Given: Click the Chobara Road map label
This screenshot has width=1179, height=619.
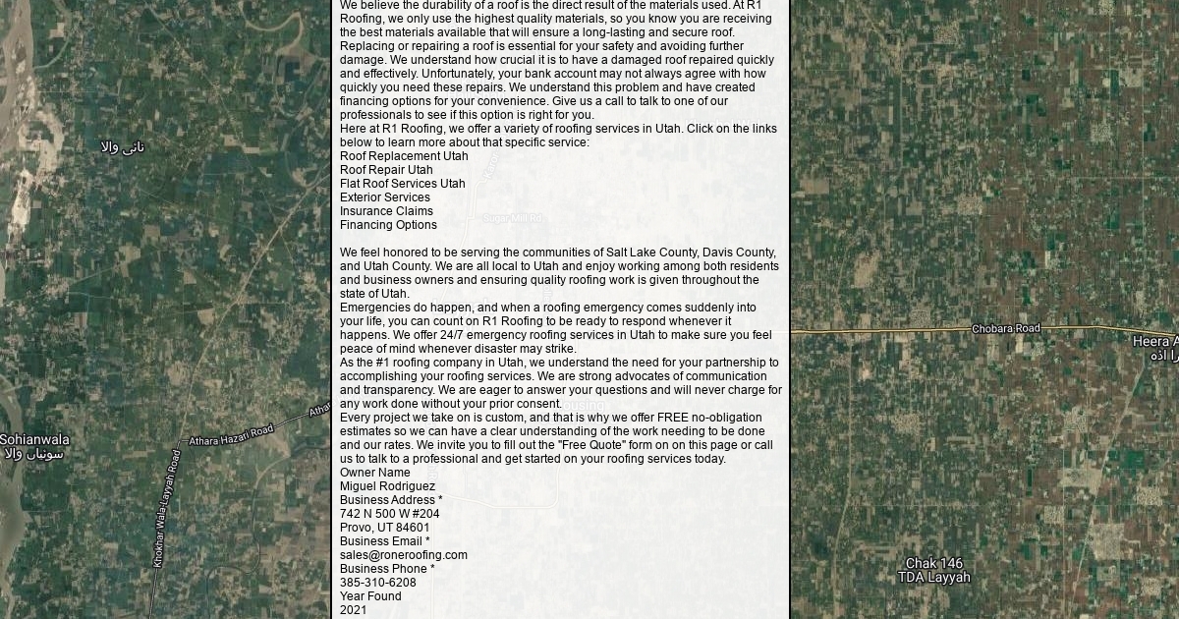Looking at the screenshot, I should pyautogui.click(x=1005, y=328).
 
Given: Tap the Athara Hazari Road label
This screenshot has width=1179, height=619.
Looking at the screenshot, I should pyautogui.click(x=231, y=434).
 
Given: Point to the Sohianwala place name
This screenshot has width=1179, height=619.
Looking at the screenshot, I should pyautogui.click(x=34, y=439).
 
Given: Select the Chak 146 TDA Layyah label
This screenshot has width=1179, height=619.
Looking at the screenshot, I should pyautogui.click(x=933, y=570).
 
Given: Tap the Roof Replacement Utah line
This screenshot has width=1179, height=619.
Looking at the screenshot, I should pyautogui.click(x=404, y=156).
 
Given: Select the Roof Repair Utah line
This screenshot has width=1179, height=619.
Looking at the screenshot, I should pyautogui.click(x=386, y=170).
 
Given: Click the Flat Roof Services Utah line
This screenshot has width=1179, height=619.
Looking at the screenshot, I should pyautogui.click(x=403, y=184).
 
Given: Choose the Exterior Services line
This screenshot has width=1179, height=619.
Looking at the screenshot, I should pyautogui.click(x=385, y=197).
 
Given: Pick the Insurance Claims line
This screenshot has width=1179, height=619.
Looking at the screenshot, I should pyautogui.click(x=386, y=211).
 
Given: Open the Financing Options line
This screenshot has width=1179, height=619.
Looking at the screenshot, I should pyautogui.click(x=388, y=225).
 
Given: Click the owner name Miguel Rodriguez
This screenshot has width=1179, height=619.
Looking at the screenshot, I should pyautogui.click(x=387, y=486).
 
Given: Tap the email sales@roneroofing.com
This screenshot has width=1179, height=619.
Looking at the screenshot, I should pyautogui.click(x=404, y=555).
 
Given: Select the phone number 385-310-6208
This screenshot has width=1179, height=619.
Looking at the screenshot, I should pyautogui.click(x=378, y=583).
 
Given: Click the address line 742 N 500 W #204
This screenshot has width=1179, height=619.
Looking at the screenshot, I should pyautogui.click(x=390, y=514).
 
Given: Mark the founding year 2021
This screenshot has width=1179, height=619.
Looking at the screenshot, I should pyautogui.click(x=354, y=610).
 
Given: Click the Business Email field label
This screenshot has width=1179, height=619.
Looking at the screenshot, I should pyautogui.click(x=385, y=541).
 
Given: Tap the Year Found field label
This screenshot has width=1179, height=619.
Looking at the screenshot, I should pyautogui.click(x=370, y=596).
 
